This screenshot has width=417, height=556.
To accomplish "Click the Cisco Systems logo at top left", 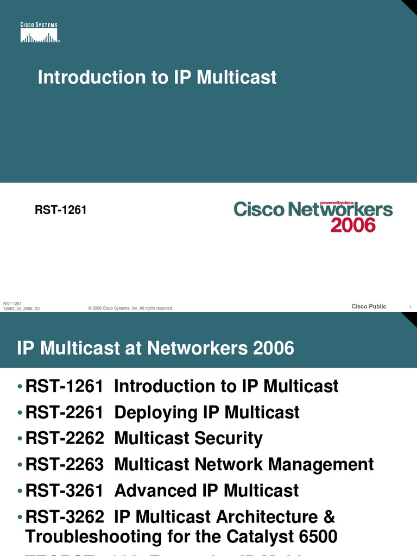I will [39, 33].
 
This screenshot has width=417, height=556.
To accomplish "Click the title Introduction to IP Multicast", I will [157, 77].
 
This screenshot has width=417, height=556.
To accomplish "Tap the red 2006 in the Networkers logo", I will [353, 225].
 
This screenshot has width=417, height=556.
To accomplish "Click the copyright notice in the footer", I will [130, 308].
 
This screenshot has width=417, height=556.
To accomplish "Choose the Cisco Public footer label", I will [369, 307].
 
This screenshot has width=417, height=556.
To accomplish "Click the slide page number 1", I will [409, 308].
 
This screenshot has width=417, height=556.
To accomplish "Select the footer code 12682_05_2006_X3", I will [21, 309].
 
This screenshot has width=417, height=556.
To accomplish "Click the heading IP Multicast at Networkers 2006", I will [155, 348].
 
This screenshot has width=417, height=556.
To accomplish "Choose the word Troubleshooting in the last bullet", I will [93, 538].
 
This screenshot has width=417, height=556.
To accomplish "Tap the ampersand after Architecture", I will [328, 517].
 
